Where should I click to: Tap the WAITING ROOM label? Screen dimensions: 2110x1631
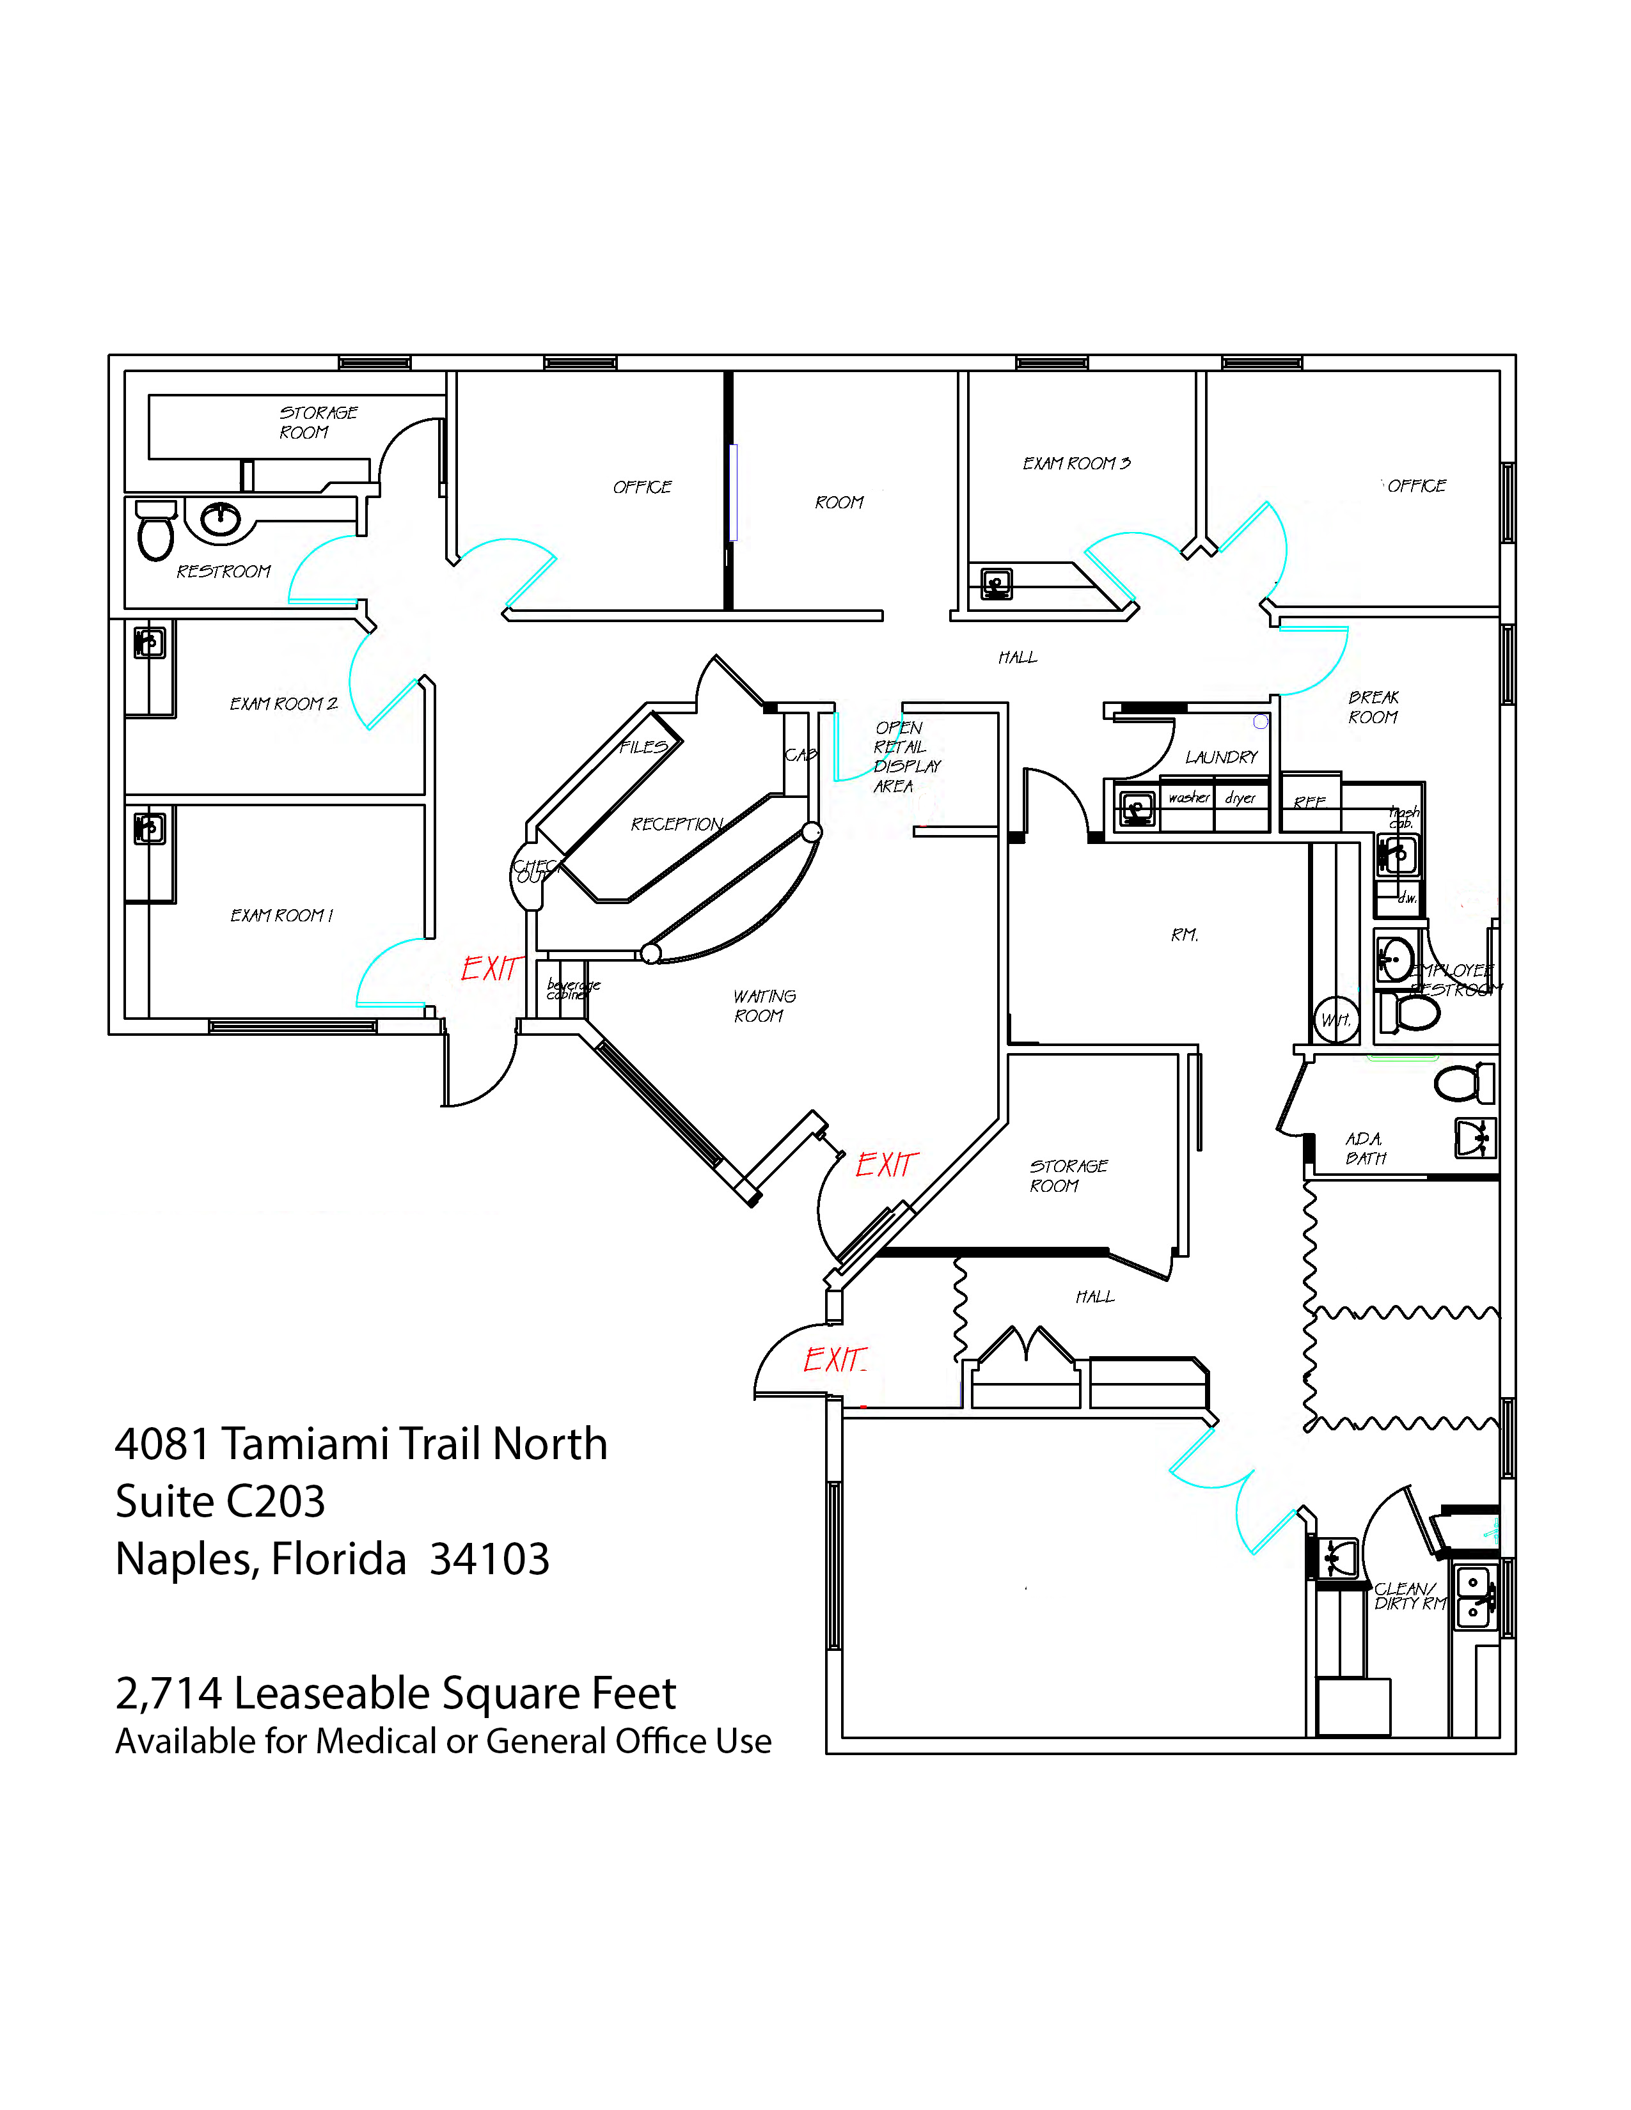point(763,1006)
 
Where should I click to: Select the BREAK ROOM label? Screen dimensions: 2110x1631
point(1373,707)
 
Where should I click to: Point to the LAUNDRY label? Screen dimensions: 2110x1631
point(1221,758)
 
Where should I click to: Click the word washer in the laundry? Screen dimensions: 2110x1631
point(1188,798)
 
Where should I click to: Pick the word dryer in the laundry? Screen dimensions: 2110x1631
point(1240,798)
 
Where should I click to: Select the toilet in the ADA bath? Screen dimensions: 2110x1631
point(1464,1083)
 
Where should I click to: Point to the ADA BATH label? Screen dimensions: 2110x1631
point(1366,1149)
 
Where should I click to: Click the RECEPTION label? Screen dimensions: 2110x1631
point(676,824)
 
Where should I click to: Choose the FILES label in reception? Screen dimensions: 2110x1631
point(643,747)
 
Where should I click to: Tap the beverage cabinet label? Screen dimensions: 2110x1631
point(573,989)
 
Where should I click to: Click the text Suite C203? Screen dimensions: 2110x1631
point(220,1501)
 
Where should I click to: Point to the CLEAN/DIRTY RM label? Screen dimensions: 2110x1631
point(1410,1596)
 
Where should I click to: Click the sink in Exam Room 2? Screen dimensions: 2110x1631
point(149,643)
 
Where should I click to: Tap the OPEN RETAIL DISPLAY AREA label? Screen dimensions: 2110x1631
point(905,756)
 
